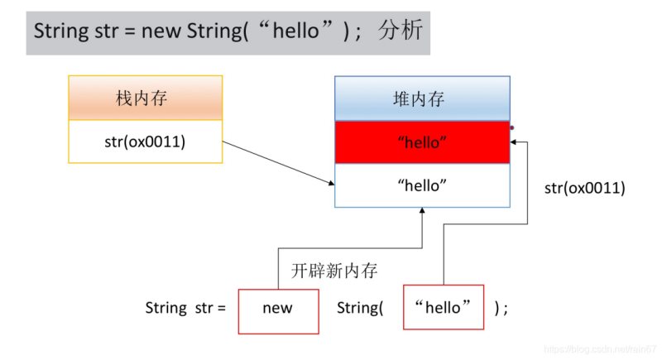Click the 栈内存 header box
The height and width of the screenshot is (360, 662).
point(145,98)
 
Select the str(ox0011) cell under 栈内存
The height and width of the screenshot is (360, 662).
point(145,142)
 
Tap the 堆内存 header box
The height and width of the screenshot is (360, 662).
point(422,98)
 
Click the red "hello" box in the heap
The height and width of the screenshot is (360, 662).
point(422,142)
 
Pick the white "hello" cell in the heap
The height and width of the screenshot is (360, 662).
point(422,185)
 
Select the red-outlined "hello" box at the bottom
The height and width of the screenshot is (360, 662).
point(444,308)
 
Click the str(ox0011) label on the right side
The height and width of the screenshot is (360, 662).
point(584,188)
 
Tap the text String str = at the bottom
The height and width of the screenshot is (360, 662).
point(185,308)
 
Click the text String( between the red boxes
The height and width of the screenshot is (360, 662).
point(360,308)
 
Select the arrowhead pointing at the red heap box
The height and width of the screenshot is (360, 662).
point(515,142)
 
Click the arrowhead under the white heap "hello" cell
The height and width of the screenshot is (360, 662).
point(422,212)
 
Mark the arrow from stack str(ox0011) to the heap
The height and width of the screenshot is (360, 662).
point(278,162)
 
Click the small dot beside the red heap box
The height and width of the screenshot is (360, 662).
point(512,127)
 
